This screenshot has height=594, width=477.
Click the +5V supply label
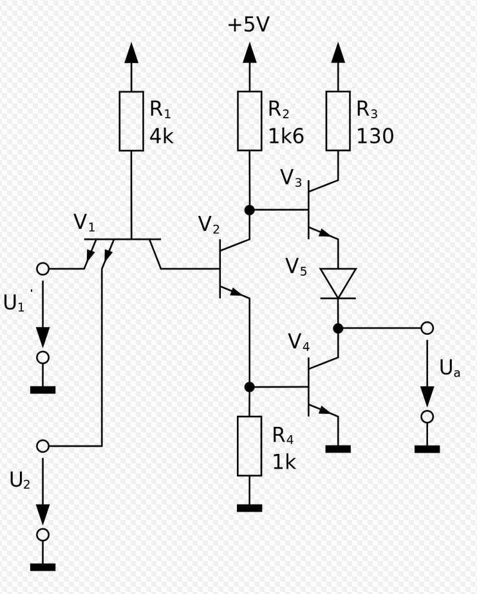point(248,24)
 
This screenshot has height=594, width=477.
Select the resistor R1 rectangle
point(131,122)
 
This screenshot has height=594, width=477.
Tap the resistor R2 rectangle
point(250,122)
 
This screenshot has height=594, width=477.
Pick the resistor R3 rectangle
point(338,122)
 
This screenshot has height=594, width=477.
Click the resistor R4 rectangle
point(250,446)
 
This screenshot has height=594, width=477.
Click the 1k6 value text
point(286,136)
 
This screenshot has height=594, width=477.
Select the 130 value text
point(375,136)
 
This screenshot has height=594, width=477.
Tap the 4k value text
point(162,136)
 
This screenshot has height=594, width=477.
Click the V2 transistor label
point(209,224)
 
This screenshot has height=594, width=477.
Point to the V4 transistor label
point(299,342)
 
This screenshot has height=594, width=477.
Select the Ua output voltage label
point(450,368)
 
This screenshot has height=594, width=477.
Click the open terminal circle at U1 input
point(43,269)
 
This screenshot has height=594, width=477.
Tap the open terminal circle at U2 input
point(43,446)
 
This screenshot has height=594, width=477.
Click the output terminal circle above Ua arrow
point(427,328)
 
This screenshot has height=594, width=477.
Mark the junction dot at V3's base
point(250,210)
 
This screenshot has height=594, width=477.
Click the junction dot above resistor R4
point(250,387)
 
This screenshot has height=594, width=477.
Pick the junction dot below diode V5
point(338,328)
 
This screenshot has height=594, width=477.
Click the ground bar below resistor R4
point(250,508)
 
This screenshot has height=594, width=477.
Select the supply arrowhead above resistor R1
point(131,53)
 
